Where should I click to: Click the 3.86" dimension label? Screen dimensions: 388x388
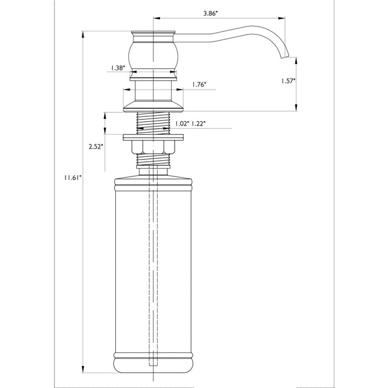click(x=210, y=13)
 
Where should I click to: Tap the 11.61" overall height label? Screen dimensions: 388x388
click(x=73, y=178)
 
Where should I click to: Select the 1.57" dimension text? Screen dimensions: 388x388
click(x=288, y=81)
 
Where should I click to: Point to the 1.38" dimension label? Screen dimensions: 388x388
click(x=118, y=68)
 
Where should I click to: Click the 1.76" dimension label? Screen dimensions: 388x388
click(x=199, y=85)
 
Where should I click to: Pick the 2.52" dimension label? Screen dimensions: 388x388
click(x=96, y=147)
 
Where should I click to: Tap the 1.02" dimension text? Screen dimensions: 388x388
click(x=182, y=124)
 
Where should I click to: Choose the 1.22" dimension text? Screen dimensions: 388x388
click(x=199, y=124)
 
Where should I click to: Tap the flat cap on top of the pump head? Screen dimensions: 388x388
click(x=153, y=33)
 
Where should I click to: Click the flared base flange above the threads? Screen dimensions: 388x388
click(x=153, y=107)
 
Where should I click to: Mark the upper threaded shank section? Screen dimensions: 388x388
click(x=153, y=123)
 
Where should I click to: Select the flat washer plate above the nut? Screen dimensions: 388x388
click(x=153, y=138)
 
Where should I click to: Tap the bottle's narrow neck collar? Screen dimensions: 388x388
click(x=153, y=172)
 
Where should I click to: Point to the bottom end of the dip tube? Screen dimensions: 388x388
click(x=153, y=365)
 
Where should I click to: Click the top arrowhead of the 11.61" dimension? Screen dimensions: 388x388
click(x=83, y=35)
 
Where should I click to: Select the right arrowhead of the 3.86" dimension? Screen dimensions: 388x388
click(x=281, y=18)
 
